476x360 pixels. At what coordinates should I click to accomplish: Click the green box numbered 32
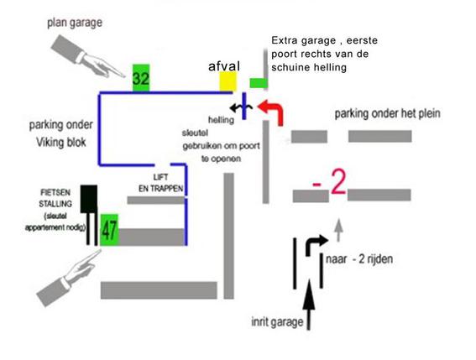(141, 78)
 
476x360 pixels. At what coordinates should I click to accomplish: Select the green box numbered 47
(109, 230)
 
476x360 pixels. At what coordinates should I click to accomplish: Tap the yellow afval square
(228, 81)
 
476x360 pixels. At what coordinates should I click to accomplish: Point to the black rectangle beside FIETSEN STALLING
(89, 199)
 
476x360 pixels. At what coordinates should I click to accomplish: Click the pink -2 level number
(329, 182)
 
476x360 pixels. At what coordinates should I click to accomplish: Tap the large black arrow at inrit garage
(309, 304)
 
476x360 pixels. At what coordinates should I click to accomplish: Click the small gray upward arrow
(339, 230)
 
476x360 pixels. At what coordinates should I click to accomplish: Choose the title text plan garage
(75, 23)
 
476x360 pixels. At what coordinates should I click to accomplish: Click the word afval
(224, 65)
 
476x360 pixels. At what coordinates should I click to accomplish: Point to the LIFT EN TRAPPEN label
(161, 183)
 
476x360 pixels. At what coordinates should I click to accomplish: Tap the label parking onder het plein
(387, 113)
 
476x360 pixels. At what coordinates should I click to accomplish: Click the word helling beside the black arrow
(221, 120)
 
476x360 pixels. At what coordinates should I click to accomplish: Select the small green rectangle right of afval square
(259, 83)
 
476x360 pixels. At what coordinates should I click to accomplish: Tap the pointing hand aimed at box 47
(68, 278)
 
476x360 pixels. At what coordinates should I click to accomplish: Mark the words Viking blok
(61, 142)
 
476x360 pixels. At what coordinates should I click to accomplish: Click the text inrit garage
(277, 321)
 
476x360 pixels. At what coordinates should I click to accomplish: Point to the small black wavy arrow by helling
(241, 107)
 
